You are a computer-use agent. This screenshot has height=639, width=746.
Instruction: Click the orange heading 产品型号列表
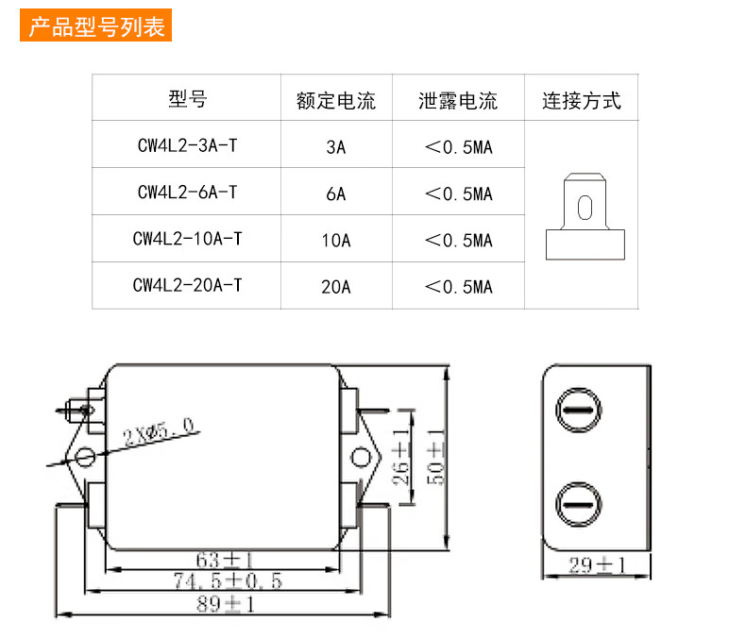click(96, 25)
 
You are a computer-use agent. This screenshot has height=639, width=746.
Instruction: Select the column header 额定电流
click(335, 100)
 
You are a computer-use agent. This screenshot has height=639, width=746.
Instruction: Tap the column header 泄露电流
click(458, 100)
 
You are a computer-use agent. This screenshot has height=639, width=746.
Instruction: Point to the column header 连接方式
click(581, 100)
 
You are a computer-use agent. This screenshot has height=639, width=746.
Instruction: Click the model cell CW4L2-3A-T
click(187, 146)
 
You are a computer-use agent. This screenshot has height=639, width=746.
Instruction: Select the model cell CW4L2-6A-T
click(187, 193)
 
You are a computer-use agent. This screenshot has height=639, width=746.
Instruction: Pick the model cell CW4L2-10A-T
click(187, 239)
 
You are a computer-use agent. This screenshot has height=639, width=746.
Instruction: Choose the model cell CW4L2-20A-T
click(187, 284)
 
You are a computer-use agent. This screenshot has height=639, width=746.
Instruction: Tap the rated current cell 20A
click(335, 286)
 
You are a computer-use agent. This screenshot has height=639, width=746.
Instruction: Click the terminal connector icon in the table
click(585, 215)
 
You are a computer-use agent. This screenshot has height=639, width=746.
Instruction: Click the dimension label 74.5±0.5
click(227, 580)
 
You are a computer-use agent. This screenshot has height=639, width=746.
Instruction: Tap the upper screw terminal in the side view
click(576, 411)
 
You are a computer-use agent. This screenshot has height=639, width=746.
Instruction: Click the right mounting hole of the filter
click(360, 458)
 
